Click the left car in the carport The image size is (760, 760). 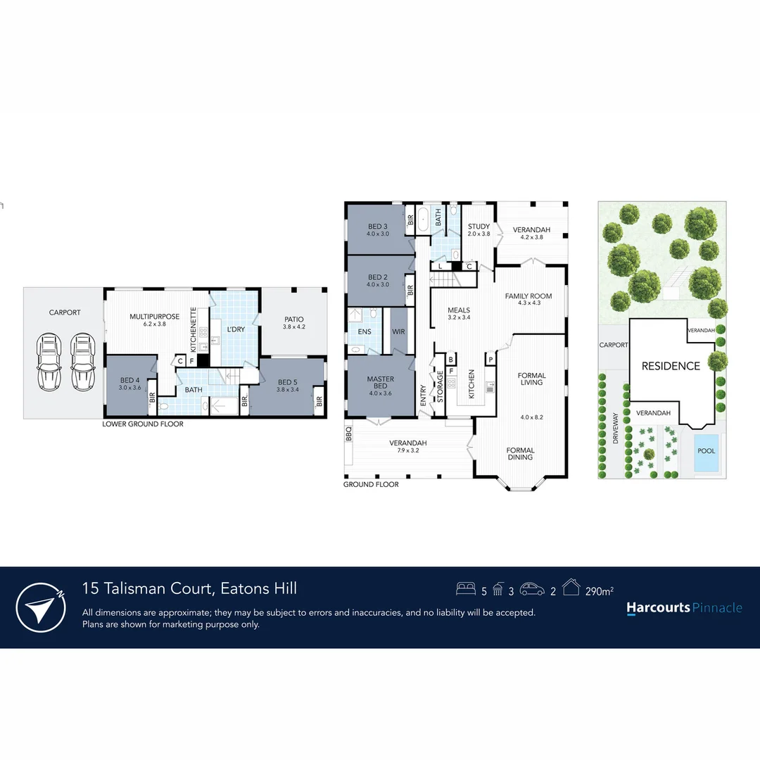(49, 362)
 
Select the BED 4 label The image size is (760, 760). (129, 381)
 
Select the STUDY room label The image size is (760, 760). (479, 227)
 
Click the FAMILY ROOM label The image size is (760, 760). (528, 296)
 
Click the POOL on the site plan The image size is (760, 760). (707, 451)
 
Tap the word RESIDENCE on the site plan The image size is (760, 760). (671, 366)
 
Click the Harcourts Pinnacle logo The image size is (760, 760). (683, 608)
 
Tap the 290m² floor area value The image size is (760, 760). (600, 591)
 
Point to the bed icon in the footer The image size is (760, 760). (465, 589)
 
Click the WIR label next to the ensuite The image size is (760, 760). (398, 331)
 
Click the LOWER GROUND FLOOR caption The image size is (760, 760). (142, 424)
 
